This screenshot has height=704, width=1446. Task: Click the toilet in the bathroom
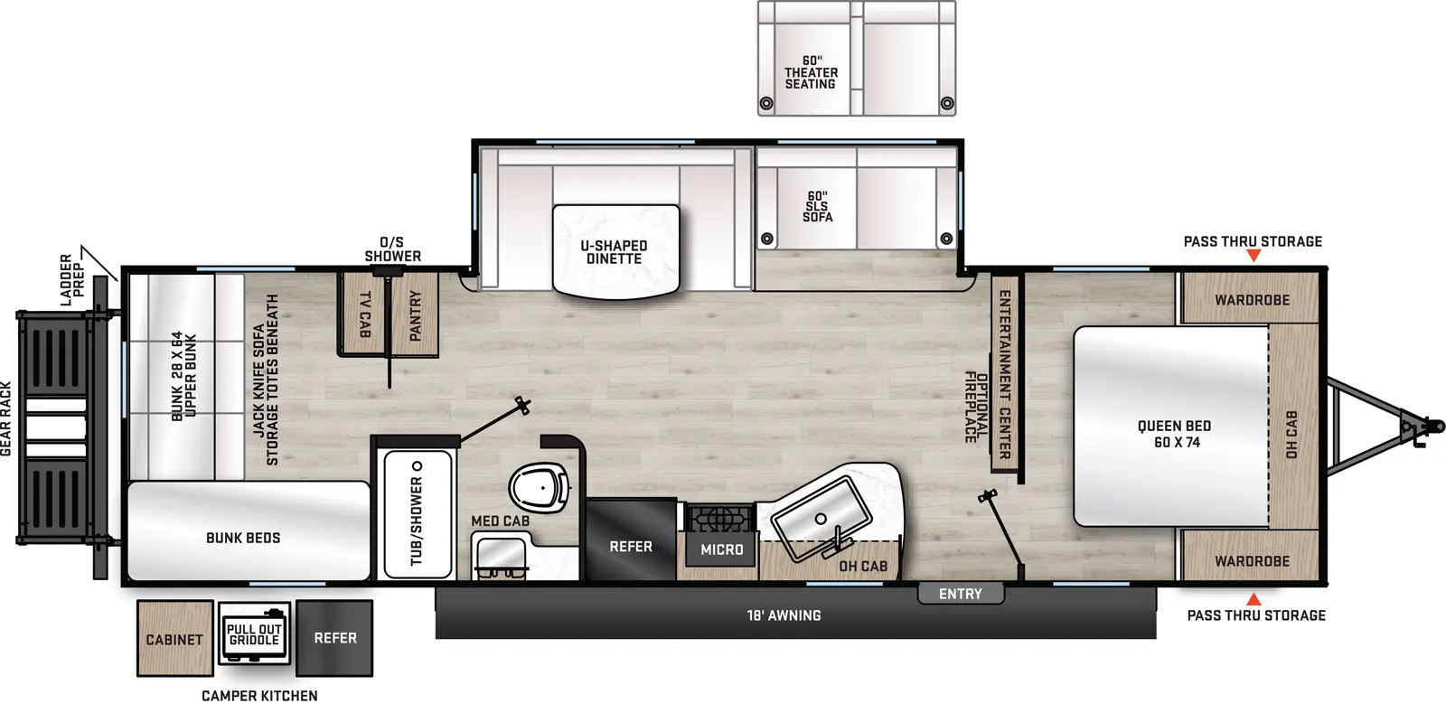click(x=540, y=487)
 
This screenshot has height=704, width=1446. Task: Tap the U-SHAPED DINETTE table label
click(x=614, y=252)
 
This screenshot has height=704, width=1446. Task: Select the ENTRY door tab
click(x=961, y=594)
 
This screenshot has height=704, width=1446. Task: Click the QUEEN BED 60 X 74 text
click(x=1174, y=435)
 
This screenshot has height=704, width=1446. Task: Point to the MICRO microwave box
click(x=722, y=549)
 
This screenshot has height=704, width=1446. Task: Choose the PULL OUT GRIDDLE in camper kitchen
click(x=254, y=635)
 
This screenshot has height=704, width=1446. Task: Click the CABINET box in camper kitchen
click(x=175, y=639)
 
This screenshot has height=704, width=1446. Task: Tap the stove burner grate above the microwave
click(x=719, y=518)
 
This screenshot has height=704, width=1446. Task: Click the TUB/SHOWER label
click(x=417, y=521)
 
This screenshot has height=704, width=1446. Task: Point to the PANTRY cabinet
click(x=415, y=314)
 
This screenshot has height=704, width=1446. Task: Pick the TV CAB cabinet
click(x=363, y=314)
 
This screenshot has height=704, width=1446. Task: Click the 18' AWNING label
click(x=784, y=615)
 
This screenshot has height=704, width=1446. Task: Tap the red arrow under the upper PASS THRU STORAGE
click(x=1254, y=256)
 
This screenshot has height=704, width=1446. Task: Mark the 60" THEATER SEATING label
click(x=812, y=72)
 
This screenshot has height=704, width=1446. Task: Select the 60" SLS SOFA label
click(x=817, y=206)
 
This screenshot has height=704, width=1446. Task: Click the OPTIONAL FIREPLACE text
click(x=976, y=408)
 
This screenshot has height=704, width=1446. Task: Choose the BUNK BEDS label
click(x=243, y=538)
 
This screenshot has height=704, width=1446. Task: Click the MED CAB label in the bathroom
click(x=501, y=521)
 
